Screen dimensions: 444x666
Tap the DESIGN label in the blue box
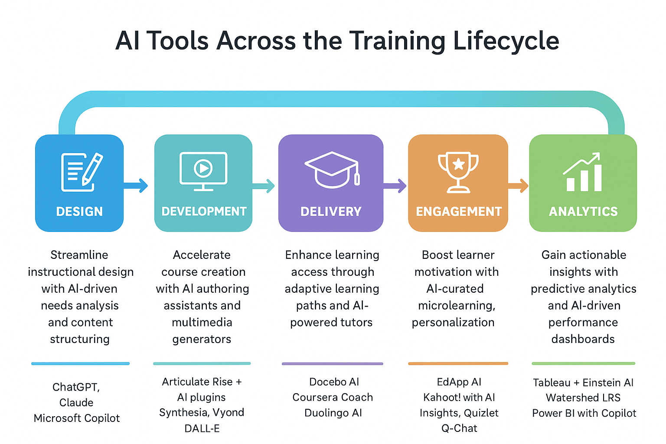tap(79, 212)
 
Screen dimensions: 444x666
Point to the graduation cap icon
tap(332, 170)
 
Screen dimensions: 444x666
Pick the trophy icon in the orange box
tap(458, 172)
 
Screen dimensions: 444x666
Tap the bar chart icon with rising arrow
tap(583, 172)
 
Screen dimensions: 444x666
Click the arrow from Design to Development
tap(136, 186)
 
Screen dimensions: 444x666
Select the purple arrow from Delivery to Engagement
tap(395, 186)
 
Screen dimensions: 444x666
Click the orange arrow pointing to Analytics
tap(518, 186)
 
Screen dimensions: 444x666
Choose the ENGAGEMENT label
tap(459, 212)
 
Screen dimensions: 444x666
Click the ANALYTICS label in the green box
tap(583, 212)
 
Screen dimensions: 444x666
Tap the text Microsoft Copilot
tap(77, 418)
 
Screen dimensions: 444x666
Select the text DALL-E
tap(202, 428)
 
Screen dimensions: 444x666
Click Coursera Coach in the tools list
tap(333, 397)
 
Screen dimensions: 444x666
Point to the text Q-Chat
tap(459, 428)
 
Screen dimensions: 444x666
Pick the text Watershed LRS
tap(583, 398)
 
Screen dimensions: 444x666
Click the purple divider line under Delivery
tap(332, 363)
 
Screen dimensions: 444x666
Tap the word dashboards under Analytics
tap(583, 339)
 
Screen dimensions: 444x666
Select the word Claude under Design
tap(76, 402)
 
